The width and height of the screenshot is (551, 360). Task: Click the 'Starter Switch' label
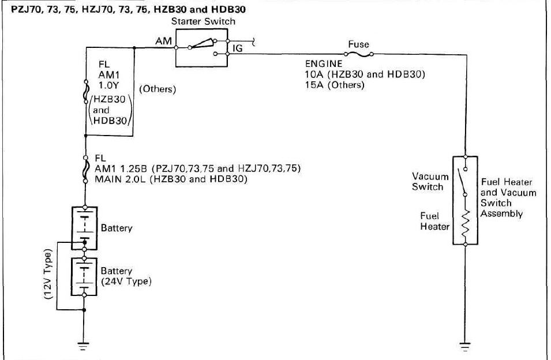(204, 21)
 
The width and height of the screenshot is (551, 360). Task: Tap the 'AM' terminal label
(162, 42)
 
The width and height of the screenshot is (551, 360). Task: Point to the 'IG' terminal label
(237, 49)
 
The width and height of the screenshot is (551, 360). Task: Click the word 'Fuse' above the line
(358, 44)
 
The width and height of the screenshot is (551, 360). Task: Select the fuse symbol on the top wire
(358, 54)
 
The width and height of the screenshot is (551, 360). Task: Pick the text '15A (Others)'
(335, 85)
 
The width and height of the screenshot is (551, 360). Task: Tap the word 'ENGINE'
(324, 64)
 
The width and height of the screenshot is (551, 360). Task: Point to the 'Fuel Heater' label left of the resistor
(434, 221)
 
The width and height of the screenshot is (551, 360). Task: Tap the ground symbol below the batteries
(84, 346)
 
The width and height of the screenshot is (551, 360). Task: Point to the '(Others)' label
(158, 89)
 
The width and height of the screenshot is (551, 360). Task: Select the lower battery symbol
(84, 276)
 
